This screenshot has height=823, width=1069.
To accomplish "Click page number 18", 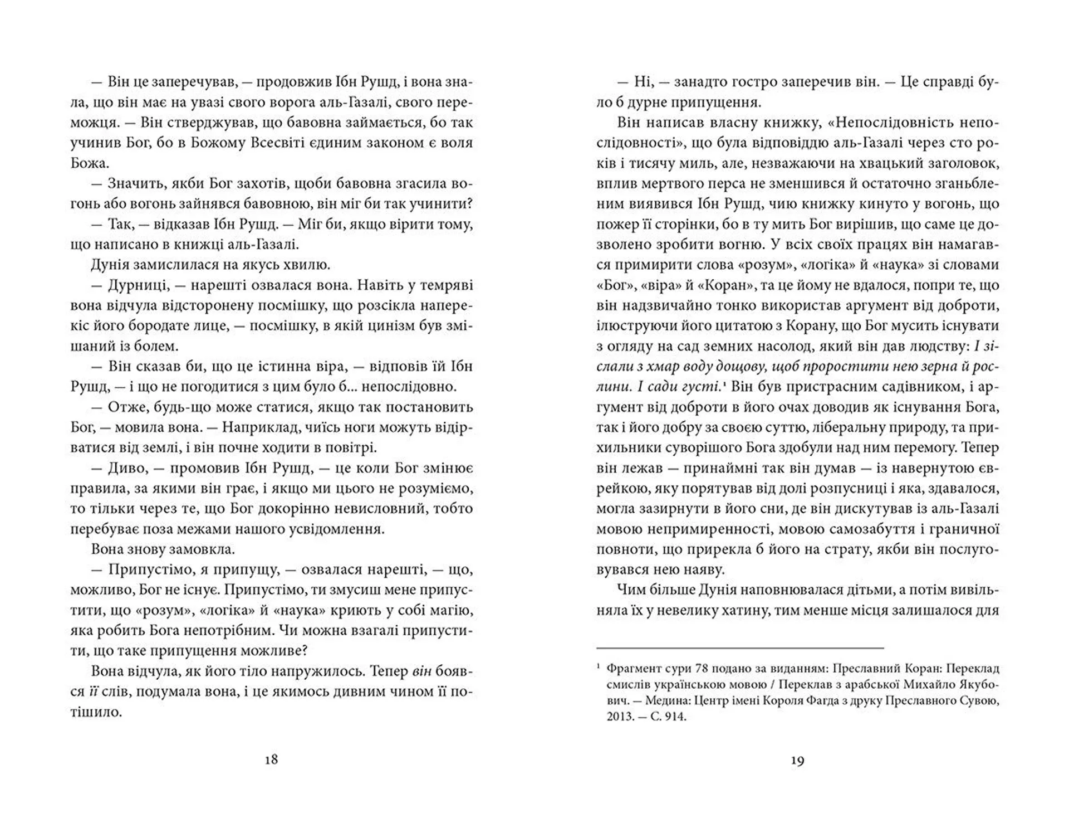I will (271, 759).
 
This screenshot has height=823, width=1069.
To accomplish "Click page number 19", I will (797, 761).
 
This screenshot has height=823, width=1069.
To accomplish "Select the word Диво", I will (126, 468).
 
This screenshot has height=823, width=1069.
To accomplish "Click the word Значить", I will (132, 184).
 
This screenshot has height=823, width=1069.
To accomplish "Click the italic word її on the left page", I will (94, 692).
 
